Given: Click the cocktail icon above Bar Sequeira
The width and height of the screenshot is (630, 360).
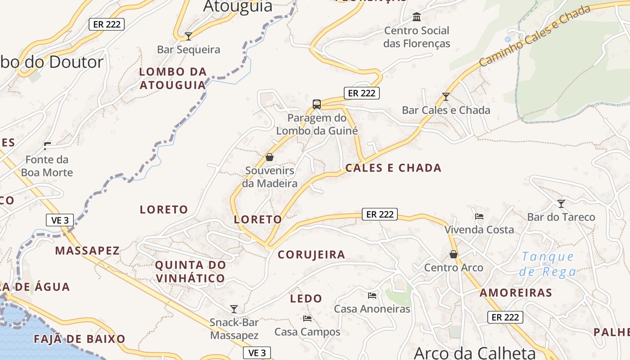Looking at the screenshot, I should (x=189, y=36).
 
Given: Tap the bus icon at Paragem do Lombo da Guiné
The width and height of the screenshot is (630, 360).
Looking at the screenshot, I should (x=317, y=104).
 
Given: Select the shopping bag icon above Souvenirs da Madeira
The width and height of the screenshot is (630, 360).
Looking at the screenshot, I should (x=270, y=157).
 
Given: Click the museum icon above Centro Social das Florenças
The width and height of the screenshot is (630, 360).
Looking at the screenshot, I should (x=417, y=17).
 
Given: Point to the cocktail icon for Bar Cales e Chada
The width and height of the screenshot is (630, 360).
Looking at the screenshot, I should (x=445, y=96).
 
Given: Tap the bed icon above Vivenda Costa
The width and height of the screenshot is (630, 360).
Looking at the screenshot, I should (x=479, y=216).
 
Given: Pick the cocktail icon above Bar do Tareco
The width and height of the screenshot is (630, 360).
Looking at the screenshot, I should (x=561, y=204).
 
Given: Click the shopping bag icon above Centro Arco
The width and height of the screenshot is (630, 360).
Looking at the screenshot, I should (x=454, y=255).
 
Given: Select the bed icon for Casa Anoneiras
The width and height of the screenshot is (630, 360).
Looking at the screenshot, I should (x=372, y=296).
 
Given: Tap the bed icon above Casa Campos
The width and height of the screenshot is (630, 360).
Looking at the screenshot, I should (x=307, y=319).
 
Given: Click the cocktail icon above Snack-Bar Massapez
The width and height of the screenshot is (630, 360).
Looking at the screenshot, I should (x=234, y=309).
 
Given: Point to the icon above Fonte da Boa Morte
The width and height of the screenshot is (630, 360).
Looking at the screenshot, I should (x=47, y=146).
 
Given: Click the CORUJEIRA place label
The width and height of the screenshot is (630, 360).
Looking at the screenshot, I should (x=311, y=255).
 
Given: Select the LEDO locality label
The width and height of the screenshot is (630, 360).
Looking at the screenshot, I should (x=306, y=298).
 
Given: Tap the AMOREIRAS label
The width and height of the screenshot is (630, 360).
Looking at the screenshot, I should (x=516, y=293).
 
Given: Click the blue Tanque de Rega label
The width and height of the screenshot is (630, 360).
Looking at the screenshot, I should (x=548, y=264).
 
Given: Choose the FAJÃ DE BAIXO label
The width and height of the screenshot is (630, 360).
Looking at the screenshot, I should (x=80, y=339).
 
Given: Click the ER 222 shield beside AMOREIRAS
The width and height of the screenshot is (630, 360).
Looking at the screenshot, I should (x=505, y=317).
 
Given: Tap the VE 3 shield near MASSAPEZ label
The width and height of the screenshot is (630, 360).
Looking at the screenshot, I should (x=60, y=220).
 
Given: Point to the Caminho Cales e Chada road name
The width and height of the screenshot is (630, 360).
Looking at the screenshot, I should (x=534, y=36).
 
